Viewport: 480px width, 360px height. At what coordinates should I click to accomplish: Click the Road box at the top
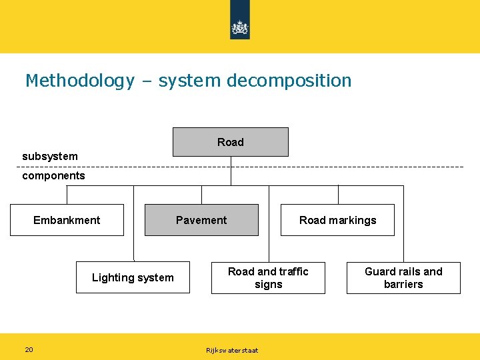point(231,142)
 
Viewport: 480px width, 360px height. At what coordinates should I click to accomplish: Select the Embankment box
point(67,220)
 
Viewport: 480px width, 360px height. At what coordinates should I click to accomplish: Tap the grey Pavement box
point(201,220)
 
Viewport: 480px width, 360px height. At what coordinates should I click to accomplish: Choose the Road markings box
point(337,220)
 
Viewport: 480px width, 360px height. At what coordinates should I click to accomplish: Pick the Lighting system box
point(133,277)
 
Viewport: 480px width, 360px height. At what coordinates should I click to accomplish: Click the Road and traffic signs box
point(268,277)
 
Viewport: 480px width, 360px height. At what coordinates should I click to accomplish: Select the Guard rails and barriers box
point(403,277)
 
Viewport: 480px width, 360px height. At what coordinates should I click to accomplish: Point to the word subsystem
point(50,156)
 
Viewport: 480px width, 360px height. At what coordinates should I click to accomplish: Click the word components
point(53,175)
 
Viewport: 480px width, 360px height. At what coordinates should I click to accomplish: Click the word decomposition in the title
point(289,81)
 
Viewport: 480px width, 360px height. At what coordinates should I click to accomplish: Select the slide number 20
point(29,349)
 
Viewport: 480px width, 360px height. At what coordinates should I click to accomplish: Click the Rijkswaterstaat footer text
point(232,350)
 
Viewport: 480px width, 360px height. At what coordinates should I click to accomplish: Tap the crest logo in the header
point(240,27)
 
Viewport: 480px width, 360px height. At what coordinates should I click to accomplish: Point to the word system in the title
point(189,81)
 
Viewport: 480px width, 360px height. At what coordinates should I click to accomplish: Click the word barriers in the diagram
point(403,284)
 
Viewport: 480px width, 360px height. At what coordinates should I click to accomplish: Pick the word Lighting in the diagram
point(112,277)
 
